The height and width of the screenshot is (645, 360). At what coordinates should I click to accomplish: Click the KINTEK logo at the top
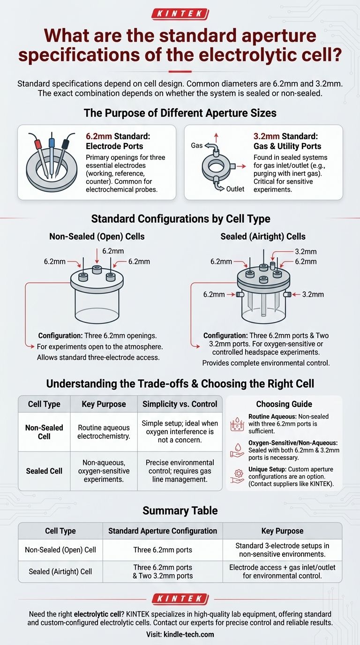click(180, 14)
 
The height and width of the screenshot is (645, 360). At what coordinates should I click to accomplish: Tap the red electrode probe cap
click(37, 143)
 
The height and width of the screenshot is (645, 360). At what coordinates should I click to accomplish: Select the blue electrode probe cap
click(52, 142)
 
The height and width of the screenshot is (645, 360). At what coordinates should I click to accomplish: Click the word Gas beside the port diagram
click(197, 145)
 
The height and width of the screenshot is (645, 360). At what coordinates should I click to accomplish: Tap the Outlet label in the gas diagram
click(235, 189)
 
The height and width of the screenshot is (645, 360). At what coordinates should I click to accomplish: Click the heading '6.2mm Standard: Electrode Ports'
click(118, 141)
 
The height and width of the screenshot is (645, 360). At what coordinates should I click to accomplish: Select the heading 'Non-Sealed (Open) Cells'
click(97, 236)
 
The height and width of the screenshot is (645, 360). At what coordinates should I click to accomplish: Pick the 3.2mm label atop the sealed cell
click(306, 252)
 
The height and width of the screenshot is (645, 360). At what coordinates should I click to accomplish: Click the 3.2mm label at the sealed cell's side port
click(313, 294)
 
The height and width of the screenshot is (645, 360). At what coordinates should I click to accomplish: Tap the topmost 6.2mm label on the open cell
click(113, 251)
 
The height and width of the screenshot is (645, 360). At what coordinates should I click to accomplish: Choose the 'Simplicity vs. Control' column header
click(180, 404)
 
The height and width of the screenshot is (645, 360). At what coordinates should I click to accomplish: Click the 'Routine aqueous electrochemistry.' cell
click(104, 432)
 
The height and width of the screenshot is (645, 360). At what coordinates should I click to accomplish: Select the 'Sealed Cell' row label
click(44, 471)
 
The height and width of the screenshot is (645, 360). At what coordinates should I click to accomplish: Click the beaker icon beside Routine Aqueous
click(237, 424)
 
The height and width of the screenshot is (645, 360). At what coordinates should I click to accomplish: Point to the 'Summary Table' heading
click(180, 510)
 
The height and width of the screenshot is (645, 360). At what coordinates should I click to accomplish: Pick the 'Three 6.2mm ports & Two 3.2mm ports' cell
click(163, 571)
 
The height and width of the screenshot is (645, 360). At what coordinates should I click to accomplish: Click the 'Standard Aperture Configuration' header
click(163, 531)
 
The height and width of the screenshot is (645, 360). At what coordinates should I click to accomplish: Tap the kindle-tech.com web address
click(188, 634)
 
